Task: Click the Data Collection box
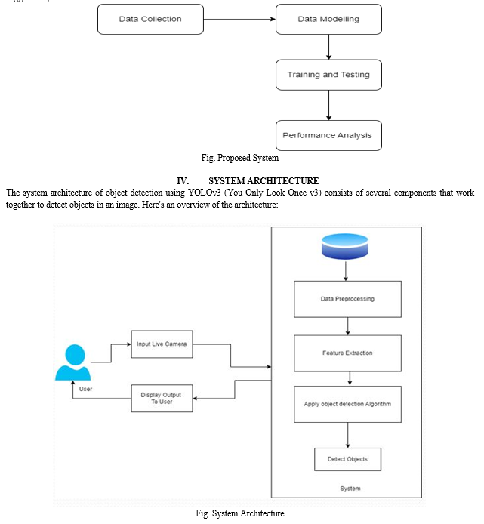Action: [150, 19]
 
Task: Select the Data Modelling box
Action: [328, 19]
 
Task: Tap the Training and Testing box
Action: [328, 75]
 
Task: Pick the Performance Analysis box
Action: [328, 135]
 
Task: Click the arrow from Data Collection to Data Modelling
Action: [239, 19]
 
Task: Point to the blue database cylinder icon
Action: [345, 247]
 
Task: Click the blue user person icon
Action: [73, 362]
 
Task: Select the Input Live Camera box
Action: [162, 344]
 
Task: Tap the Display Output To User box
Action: [162, 399]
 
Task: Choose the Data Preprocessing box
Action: [347, 299]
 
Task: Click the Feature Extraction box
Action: [347, 353]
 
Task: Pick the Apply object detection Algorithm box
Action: [347, 405]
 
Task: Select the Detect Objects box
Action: [347, 460]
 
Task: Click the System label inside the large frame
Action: [350, 489]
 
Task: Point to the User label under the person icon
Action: [85, 389]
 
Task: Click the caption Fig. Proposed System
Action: [239, 158]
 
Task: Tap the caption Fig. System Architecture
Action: [239, 513]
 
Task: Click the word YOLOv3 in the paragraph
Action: [205, 193]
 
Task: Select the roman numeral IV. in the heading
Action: [183, 181]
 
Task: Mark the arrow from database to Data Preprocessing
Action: [346, 271]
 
